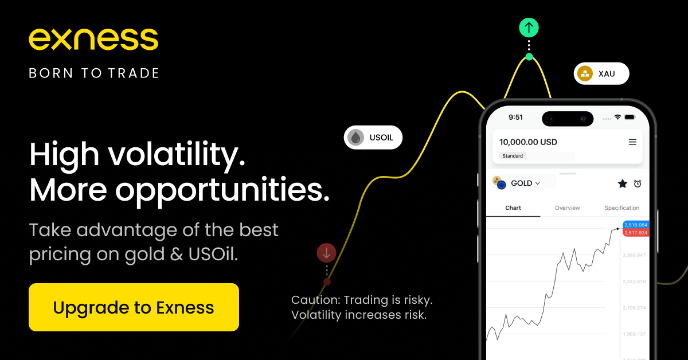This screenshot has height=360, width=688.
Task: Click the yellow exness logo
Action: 93,39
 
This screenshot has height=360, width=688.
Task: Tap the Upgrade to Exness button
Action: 134,307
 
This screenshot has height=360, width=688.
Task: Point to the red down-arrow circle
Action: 326,252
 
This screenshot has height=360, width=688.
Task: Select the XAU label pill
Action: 601,73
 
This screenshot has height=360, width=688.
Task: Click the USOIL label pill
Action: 373,138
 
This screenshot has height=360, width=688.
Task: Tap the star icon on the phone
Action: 622,183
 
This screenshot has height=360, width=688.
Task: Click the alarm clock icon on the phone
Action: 638,183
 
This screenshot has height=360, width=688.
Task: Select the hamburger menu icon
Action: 632,142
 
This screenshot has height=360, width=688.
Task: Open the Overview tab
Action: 567,208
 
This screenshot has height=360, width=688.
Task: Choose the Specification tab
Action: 621,208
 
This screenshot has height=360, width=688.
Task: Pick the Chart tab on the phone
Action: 513,208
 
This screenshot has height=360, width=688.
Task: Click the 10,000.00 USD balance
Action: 528,142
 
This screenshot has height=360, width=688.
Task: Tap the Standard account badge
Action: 513,156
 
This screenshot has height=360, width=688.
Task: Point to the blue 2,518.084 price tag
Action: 635,225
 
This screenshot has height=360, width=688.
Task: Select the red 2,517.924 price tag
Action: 635,233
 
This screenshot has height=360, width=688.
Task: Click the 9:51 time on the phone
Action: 516,118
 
